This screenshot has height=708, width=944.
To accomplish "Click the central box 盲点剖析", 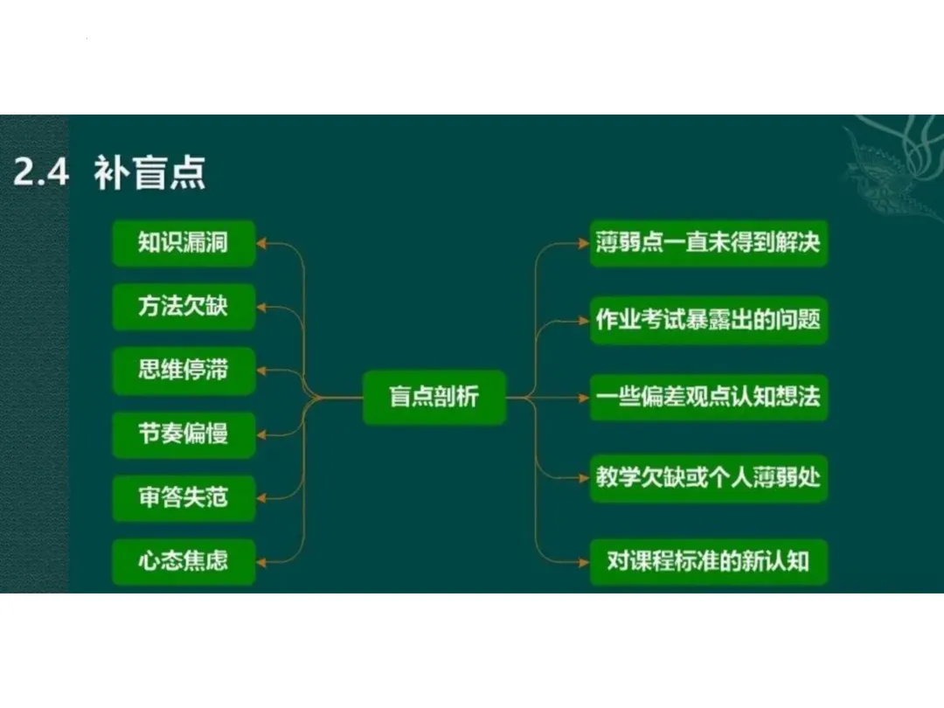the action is click(x=434, y=398).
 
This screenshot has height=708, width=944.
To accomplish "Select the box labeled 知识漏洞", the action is click(x=184, y=242).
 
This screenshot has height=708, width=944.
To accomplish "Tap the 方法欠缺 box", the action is click(x=184, y=306).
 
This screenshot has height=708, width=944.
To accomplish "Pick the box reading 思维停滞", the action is click(x=184, y=370).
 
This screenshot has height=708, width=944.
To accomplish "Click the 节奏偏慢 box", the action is click(x=184, y=434).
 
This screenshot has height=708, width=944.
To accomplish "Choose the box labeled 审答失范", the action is click(x=184, y=497).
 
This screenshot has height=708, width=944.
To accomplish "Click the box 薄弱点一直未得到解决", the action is click(x=708, y=242).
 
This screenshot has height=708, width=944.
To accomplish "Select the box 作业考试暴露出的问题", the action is click(x=708, y=319).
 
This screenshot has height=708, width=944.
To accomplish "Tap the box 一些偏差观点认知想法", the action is click(x=708, y=398).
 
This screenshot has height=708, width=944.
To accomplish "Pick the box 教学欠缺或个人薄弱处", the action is click(x=708, y=477).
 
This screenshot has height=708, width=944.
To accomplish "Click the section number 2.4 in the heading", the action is click(x=40, y=173).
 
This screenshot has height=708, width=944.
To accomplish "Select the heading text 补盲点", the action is click(x=149, y=173).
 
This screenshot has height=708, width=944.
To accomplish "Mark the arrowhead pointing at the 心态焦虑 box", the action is click(x=262, y=562).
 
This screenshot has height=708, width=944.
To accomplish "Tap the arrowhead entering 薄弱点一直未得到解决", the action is click(x=584, y=243).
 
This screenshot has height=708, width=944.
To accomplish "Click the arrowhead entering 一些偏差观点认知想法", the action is click(x=584, y=399).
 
